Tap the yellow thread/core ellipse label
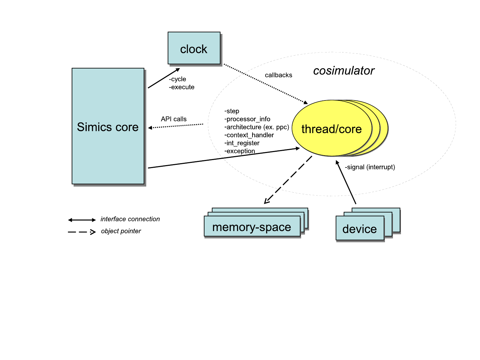coord(332,129)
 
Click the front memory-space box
coord(252,227)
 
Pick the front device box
coord(360,228)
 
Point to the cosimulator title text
coord(344,71)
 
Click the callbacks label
coord(278,75)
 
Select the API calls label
coord(174,119)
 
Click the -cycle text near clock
coord(178,79)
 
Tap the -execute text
coord(182,87)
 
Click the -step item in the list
coord(232,111)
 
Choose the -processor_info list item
coord(247,119)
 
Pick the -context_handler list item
coord(249,135)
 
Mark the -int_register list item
coord(242,143)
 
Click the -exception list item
coord(240,151)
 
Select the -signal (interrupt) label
coord(370,167)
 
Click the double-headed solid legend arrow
coord(82,220)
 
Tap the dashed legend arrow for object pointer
coord(82,232)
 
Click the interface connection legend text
coord(130,219)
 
